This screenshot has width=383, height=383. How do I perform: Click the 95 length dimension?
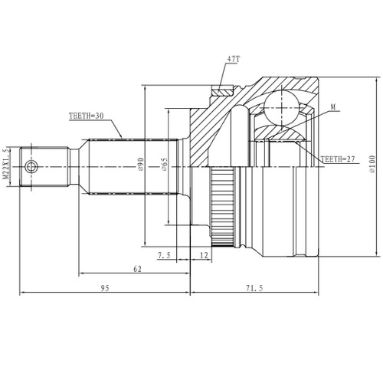click(x=105, y=288)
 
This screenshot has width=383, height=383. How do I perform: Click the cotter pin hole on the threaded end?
click(x=31, y=167)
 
